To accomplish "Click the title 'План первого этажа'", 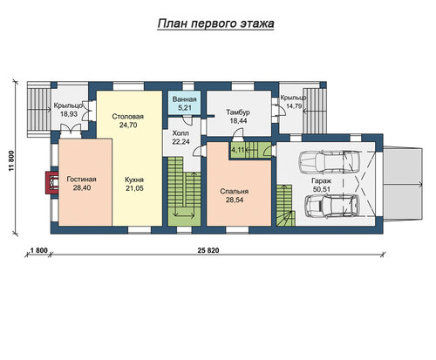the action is (x=215, y=24).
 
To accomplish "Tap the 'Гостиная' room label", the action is (x=81, y=180).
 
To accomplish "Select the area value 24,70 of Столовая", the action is (x=128, y=126).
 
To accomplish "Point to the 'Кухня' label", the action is (x=134, y=180).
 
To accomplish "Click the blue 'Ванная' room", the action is (x=184, y=103).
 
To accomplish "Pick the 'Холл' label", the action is (x=181, y=133).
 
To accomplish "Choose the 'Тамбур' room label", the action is (x=238, y=112).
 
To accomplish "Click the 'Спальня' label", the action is (x=235, y=192).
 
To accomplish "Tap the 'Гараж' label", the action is (x=322, y=180).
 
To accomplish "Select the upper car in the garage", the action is (x=329, y=160).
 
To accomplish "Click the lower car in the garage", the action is (x=332, y=206).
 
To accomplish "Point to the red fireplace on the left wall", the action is (x=51, y=183).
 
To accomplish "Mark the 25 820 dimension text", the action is (x=208, y=250).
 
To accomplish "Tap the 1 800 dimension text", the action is (x=38, y=250).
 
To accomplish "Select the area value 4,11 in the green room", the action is (x=237, y=150).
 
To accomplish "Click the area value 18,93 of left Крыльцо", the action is (x=69, y=114).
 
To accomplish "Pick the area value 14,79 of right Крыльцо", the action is (x=294, y=106).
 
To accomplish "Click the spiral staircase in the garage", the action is (x=285, y=206).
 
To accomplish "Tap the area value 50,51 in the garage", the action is (x=322, y=189).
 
